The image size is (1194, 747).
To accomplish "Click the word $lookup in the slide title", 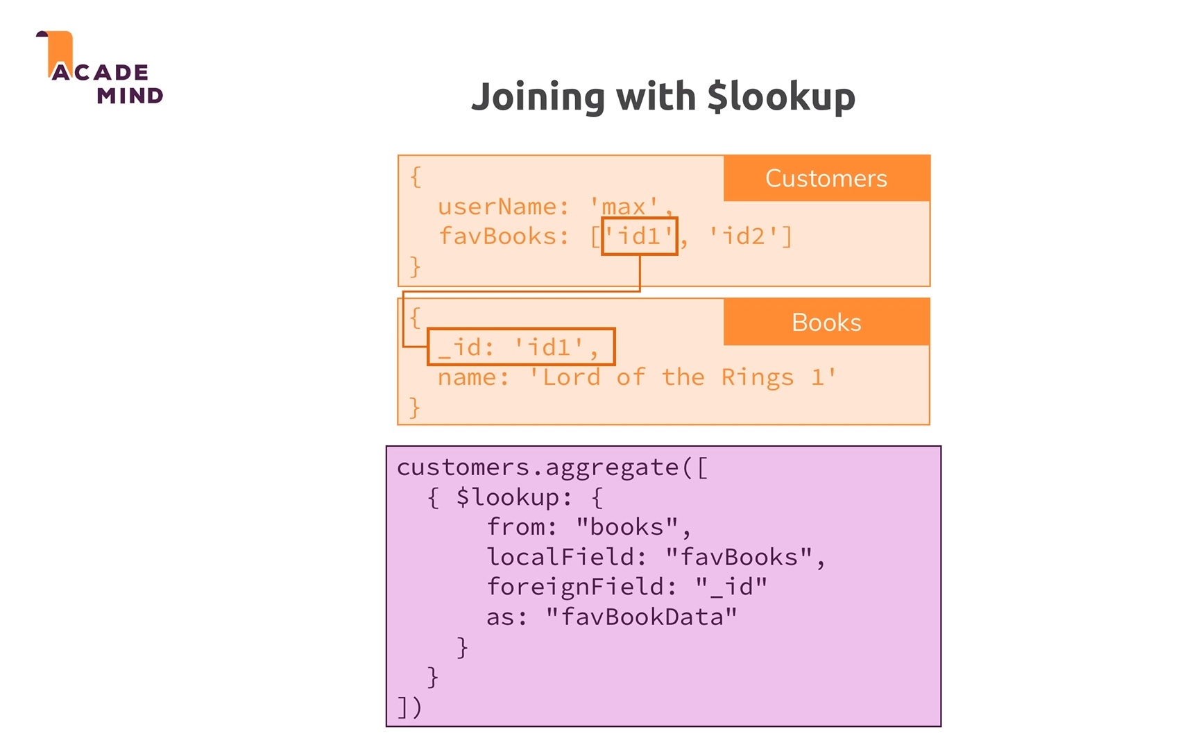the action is [x=781, y=96].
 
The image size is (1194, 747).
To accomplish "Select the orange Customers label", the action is [x=826, y=178].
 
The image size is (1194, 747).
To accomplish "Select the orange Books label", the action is [x=826, y=323].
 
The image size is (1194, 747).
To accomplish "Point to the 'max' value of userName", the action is [x=624, y=207].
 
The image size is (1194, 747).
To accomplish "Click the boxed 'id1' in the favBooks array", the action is [x=639, y=237].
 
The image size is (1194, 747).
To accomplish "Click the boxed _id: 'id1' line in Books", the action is [x=520, y=347].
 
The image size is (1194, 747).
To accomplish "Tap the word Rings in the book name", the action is [x=757, y=377].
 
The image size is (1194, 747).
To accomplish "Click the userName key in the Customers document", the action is [x=497, y=207].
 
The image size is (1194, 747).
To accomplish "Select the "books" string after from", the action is [x=626, y=527].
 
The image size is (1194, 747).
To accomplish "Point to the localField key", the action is [x=561, y=557].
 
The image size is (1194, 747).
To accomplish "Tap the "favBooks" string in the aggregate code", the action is [x=738, y=557].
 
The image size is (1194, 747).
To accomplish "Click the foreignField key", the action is [x=575, y=587].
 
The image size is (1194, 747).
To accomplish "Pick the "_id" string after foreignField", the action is [x=731, y=587].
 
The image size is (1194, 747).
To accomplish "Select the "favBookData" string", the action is [x=641, y=617].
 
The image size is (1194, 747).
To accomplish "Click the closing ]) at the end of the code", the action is [x=409, y=707].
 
